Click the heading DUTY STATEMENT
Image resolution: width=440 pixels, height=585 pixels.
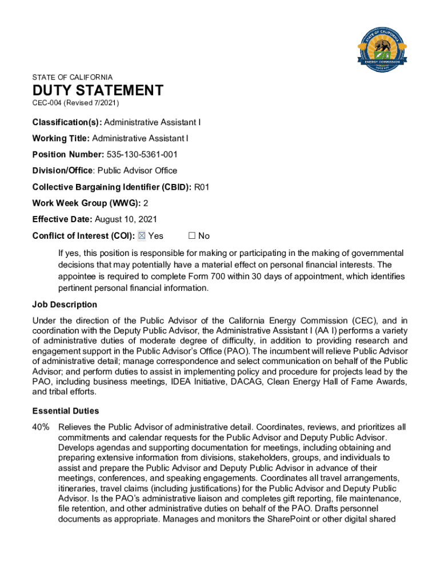(98, 90)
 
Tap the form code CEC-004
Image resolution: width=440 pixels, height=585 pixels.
(47, 103)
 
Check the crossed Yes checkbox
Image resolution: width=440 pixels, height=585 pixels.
(142, 235)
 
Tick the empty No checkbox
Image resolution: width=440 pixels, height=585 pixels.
(192, 235)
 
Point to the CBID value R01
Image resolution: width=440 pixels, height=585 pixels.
(204, 186)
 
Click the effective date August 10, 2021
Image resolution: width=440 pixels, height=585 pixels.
(126, 219)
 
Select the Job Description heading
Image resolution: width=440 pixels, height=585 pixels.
(65, 304)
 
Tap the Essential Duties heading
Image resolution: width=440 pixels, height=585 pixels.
(66, 411)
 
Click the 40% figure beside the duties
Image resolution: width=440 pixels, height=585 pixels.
(41, 427)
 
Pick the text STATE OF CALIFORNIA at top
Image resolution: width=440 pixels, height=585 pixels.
(73, 77)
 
